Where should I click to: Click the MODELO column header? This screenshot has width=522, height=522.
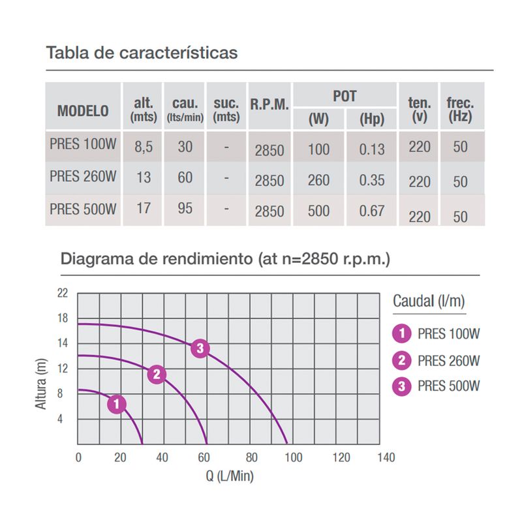(83, 110)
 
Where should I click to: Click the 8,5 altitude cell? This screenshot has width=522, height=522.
(143, 147)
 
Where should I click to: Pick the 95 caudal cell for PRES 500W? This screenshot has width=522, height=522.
(185, 210)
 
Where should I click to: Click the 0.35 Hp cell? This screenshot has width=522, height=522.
(372, 180)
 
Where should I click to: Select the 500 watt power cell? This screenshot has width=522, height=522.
(318, 211)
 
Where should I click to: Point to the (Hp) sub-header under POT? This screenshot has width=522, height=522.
(372, 119)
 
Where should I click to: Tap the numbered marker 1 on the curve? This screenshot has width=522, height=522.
(116, 405)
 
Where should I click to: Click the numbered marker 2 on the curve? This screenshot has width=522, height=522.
(156, 374)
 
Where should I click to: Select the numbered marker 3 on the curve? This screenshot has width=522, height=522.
(200, 348)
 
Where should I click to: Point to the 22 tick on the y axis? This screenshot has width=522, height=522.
(63, 293)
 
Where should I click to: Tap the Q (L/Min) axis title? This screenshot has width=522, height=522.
(230, 476)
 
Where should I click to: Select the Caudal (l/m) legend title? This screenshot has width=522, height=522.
(429, 301)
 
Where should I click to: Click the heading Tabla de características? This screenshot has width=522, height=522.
(142, 52)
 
